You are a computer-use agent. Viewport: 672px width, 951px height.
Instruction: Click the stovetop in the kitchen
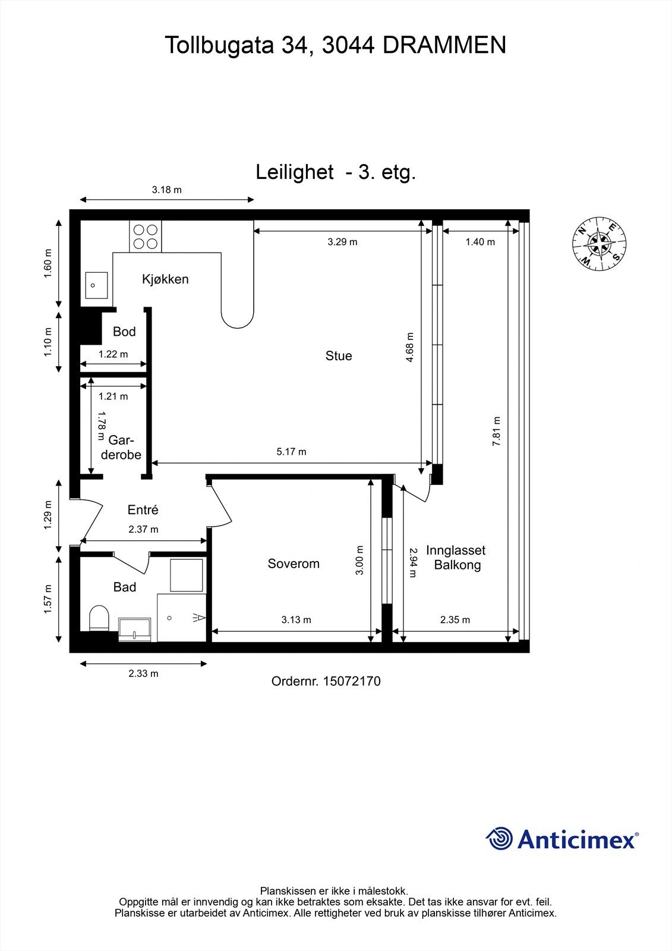pyautogui.click(x=145, y=237)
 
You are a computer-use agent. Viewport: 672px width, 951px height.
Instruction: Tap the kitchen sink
pyautogui.click(x=96, y=285)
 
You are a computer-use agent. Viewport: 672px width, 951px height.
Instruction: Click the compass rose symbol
pyautogui.click(x=599, y=244)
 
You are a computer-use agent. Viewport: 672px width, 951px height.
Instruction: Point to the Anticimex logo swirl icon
pyautogui.click(x=499, y=839)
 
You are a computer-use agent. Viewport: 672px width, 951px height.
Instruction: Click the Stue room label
pyautogui.click(x=339, y=356)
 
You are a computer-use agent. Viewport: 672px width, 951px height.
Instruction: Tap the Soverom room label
pyautogui.click(x=294, y=564)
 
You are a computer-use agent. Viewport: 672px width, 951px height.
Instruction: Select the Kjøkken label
pyautogui.click(x=165, y=279)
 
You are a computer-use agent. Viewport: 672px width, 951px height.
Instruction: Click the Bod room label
pyautogui.click(x=124, y=332)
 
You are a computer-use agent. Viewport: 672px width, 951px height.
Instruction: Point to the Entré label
pyautogui.click(x=143, y=509)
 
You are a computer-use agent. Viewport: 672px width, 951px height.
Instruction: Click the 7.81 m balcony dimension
pyautogui.click(x=496, y=431)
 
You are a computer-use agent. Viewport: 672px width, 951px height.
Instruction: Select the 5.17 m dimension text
pyautogui.click(x=291, y=452)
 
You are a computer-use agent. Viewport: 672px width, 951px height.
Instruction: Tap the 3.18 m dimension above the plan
pyautogui.click(x=167, y=190)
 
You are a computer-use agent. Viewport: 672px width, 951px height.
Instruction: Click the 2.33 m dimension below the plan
pyautogui.click(x=143, y=673)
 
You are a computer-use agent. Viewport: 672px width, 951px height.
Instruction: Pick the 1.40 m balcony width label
pyautogui.click(x=480, y=242)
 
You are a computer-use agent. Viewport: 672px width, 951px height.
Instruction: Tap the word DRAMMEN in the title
pyautogui.click(x=444, y=45)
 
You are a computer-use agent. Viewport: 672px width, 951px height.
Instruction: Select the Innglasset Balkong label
pyautogui.click(x=456, y=558)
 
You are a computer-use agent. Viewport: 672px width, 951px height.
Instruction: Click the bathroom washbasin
pyautogui.click(x=134, y=629)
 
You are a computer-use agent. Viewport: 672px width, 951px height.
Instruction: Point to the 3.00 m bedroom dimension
pyautogui.click(x=359, y=560)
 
